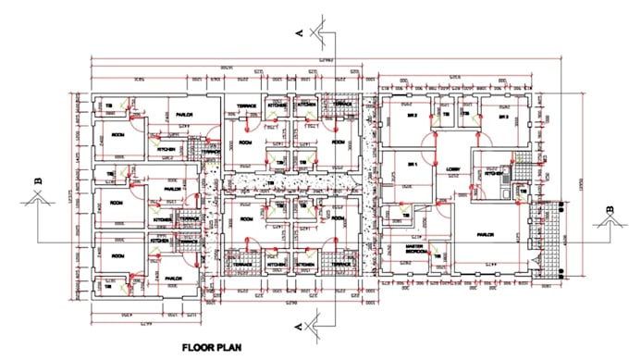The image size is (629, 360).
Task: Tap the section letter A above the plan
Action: click(300, 32)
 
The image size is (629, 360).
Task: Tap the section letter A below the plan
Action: click(300, 327)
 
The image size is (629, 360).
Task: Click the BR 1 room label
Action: click(413, 165)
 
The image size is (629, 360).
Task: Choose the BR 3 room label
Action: click(503, 118)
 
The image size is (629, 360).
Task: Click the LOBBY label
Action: click(453, 168)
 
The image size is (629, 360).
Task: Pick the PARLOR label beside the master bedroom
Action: click(487, 235)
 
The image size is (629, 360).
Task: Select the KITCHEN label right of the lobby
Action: click(493, 173)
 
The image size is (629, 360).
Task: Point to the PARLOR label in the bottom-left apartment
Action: click(172, 278)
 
